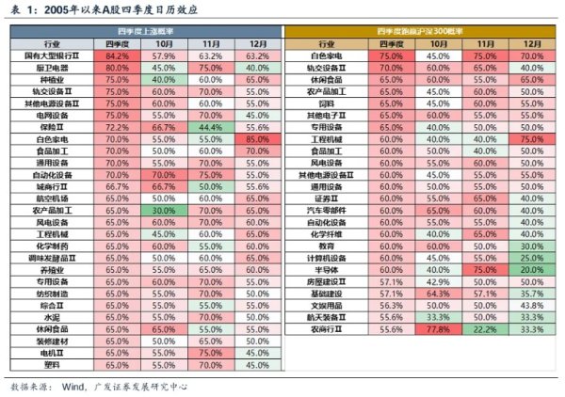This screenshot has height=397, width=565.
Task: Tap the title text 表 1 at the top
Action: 23,9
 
